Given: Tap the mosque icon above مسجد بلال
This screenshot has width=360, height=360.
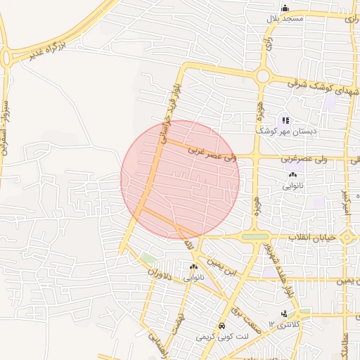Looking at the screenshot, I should (x=285, y=8).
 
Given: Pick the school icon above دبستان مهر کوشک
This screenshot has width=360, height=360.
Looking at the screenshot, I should (x=285, y=120).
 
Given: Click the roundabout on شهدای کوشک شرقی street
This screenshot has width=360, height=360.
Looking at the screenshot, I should (x=263, y=76).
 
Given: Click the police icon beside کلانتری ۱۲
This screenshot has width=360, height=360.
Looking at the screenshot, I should (x=284, y=314).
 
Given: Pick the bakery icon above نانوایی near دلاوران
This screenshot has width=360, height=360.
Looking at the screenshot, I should (x=193, y=267).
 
